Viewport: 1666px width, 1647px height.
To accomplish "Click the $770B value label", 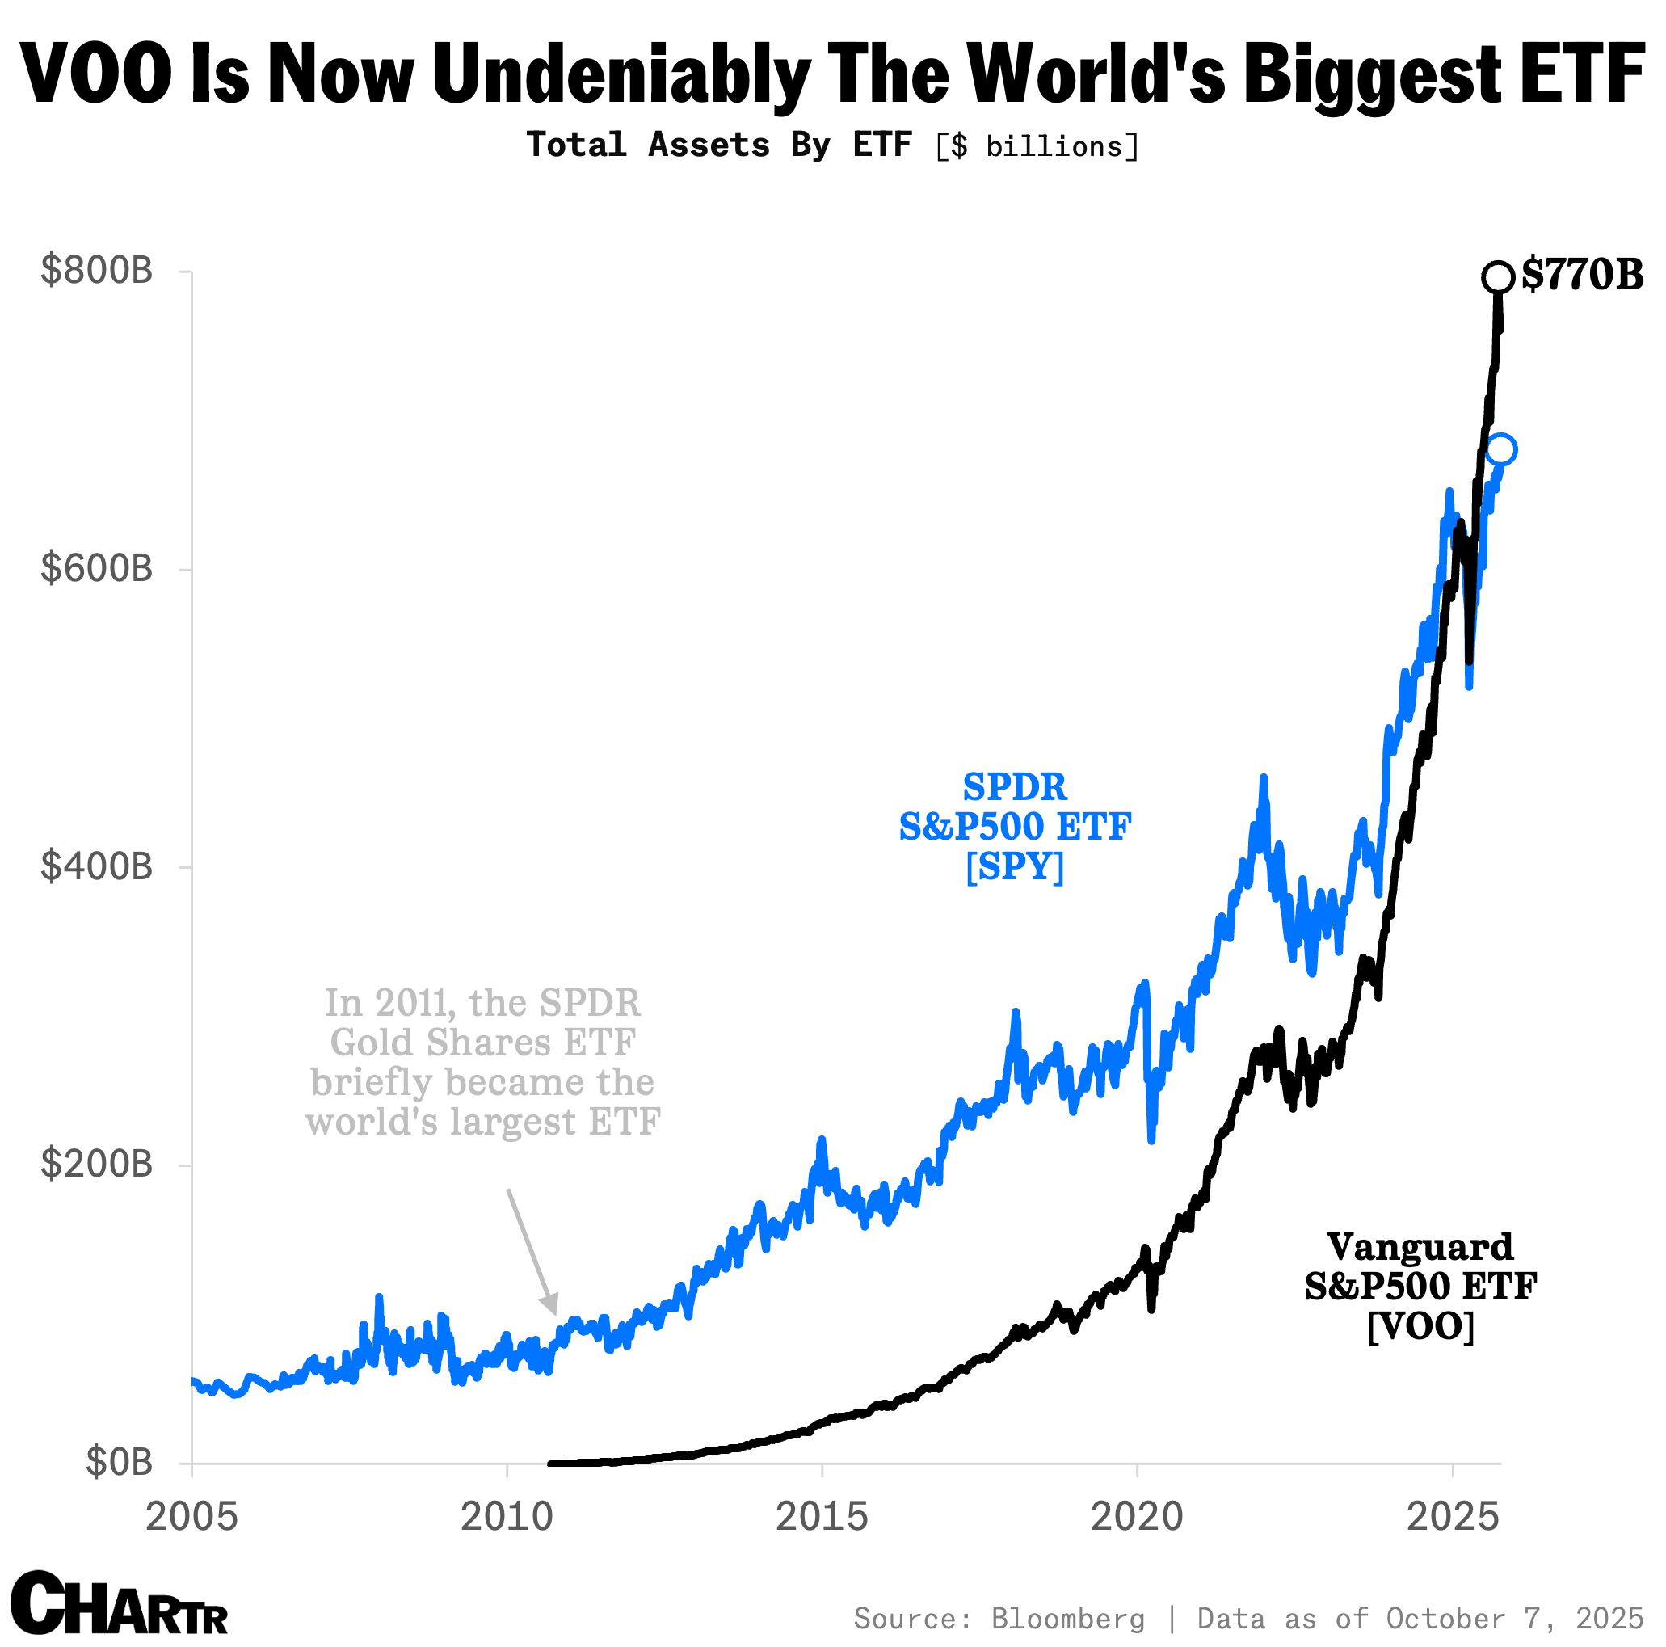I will click(x=1581, y=275).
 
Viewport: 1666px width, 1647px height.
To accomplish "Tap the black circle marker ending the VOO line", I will click(x=1498, y=278).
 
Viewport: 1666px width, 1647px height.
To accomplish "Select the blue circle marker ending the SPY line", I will click(x=1500, y=449).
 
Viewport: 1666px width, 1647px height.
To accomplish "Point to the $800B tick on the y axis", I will click(x=97, y=271).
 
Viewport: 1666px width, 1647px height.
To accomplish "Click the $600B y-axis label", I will click(x=97, y=568).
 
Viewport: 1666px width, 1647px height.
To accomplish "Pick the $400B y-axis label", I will click(x=97, y=866).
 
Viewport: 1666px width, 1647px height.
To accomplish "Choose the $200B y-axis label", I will click(x=97, y=1163).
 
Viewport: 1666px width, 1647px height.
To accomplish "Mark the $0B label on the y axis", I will click(x=119, y=1462).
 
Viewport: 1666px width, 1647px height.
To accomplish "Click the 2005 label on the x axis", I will click(x=191, y=1517).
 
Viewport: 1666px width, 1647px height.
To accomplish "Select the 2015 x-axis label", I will click(x=822, y=1517).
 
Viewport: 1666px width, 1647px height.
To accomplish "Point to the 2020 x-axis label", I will click(x=1137, y=1517).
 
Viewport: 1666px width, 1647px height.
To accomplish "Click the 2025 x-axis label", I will click(x=1452, y=1517).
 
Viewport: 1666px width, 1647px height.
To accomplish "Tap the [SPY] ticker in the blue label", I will click(x=1014, y=866).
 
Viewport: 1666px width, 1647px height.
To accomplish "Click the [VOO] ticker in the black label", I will click(x=1420, y=1326).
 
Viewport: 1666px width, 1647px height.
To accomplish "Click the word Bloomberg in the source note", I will click(x=1067, y=1619).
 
